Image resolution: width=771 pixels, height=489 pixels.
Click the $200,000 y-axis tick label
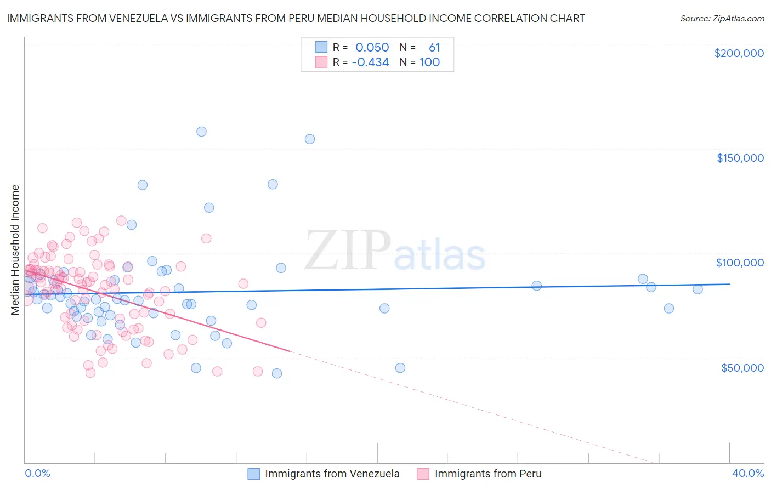pyautogui.click(x=739, y=53)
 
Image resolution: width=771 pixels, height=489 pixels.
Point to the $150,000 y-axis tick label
pyautogui.click(x=740, y=158)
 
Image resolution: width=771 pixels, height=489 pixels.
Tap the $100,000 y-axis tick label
pyautogui.click(x=740, y=263)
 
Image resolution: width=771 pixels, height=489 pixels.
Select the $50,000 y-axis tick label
pyautogui.click(x=742, y=368)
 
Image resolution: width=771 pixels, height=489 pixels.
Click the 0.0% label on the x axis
pyautogui.click(x=37, y=474)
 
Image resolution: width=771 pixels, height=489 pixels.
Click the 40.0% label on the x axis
pyautogui.click(x=747, y=474)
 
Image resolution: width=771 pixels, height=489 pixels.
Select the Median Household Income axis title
pyautogui.click(x=15, y=250)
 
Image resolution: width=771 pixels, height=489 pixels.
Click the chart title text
pyautogui.click(x=296, y=18)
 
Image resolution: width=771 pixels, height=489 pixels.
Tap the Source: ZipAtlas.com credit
pyautogui.click(x=722, y=18)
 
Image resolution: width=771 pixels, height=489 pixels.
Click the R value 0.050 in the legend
pyautogui.click(x=372, y=48)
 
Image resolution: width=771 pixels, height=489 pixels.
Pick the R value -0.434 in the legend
pyautogui.click(x=370, y=62)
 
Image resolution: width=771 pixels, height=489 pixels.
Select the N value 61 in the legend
pyautogui.click(x=434, y=48)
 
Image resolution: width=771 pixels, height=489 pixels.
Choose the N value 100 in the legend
pyautogui.click(x=429, y=62)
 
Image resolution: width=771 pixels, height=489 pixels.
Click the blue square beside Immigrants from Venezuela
pyautogui.click(x=253, y=474)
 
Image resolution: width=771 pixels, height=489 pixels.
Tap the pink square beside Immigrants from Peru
pyautogui.click(x=423, y=474)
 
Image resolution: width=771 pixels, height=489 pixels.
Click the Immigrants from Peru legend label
pyautogui.click(x=487, y=474)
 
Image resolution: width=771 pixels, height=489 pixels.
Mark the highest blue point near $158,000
pyautogui.click(x=201, y=132)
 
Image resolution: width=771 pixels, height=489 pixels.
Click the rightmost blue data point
pyautogui.click(x=698, y=289)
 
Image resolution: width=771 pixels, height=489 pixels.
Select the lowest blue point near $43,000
pyautogui.click(x=277, y=373)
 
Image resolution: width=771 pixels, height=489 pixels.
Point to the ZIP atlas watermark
pyautogui.click(x=395, y=251)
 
